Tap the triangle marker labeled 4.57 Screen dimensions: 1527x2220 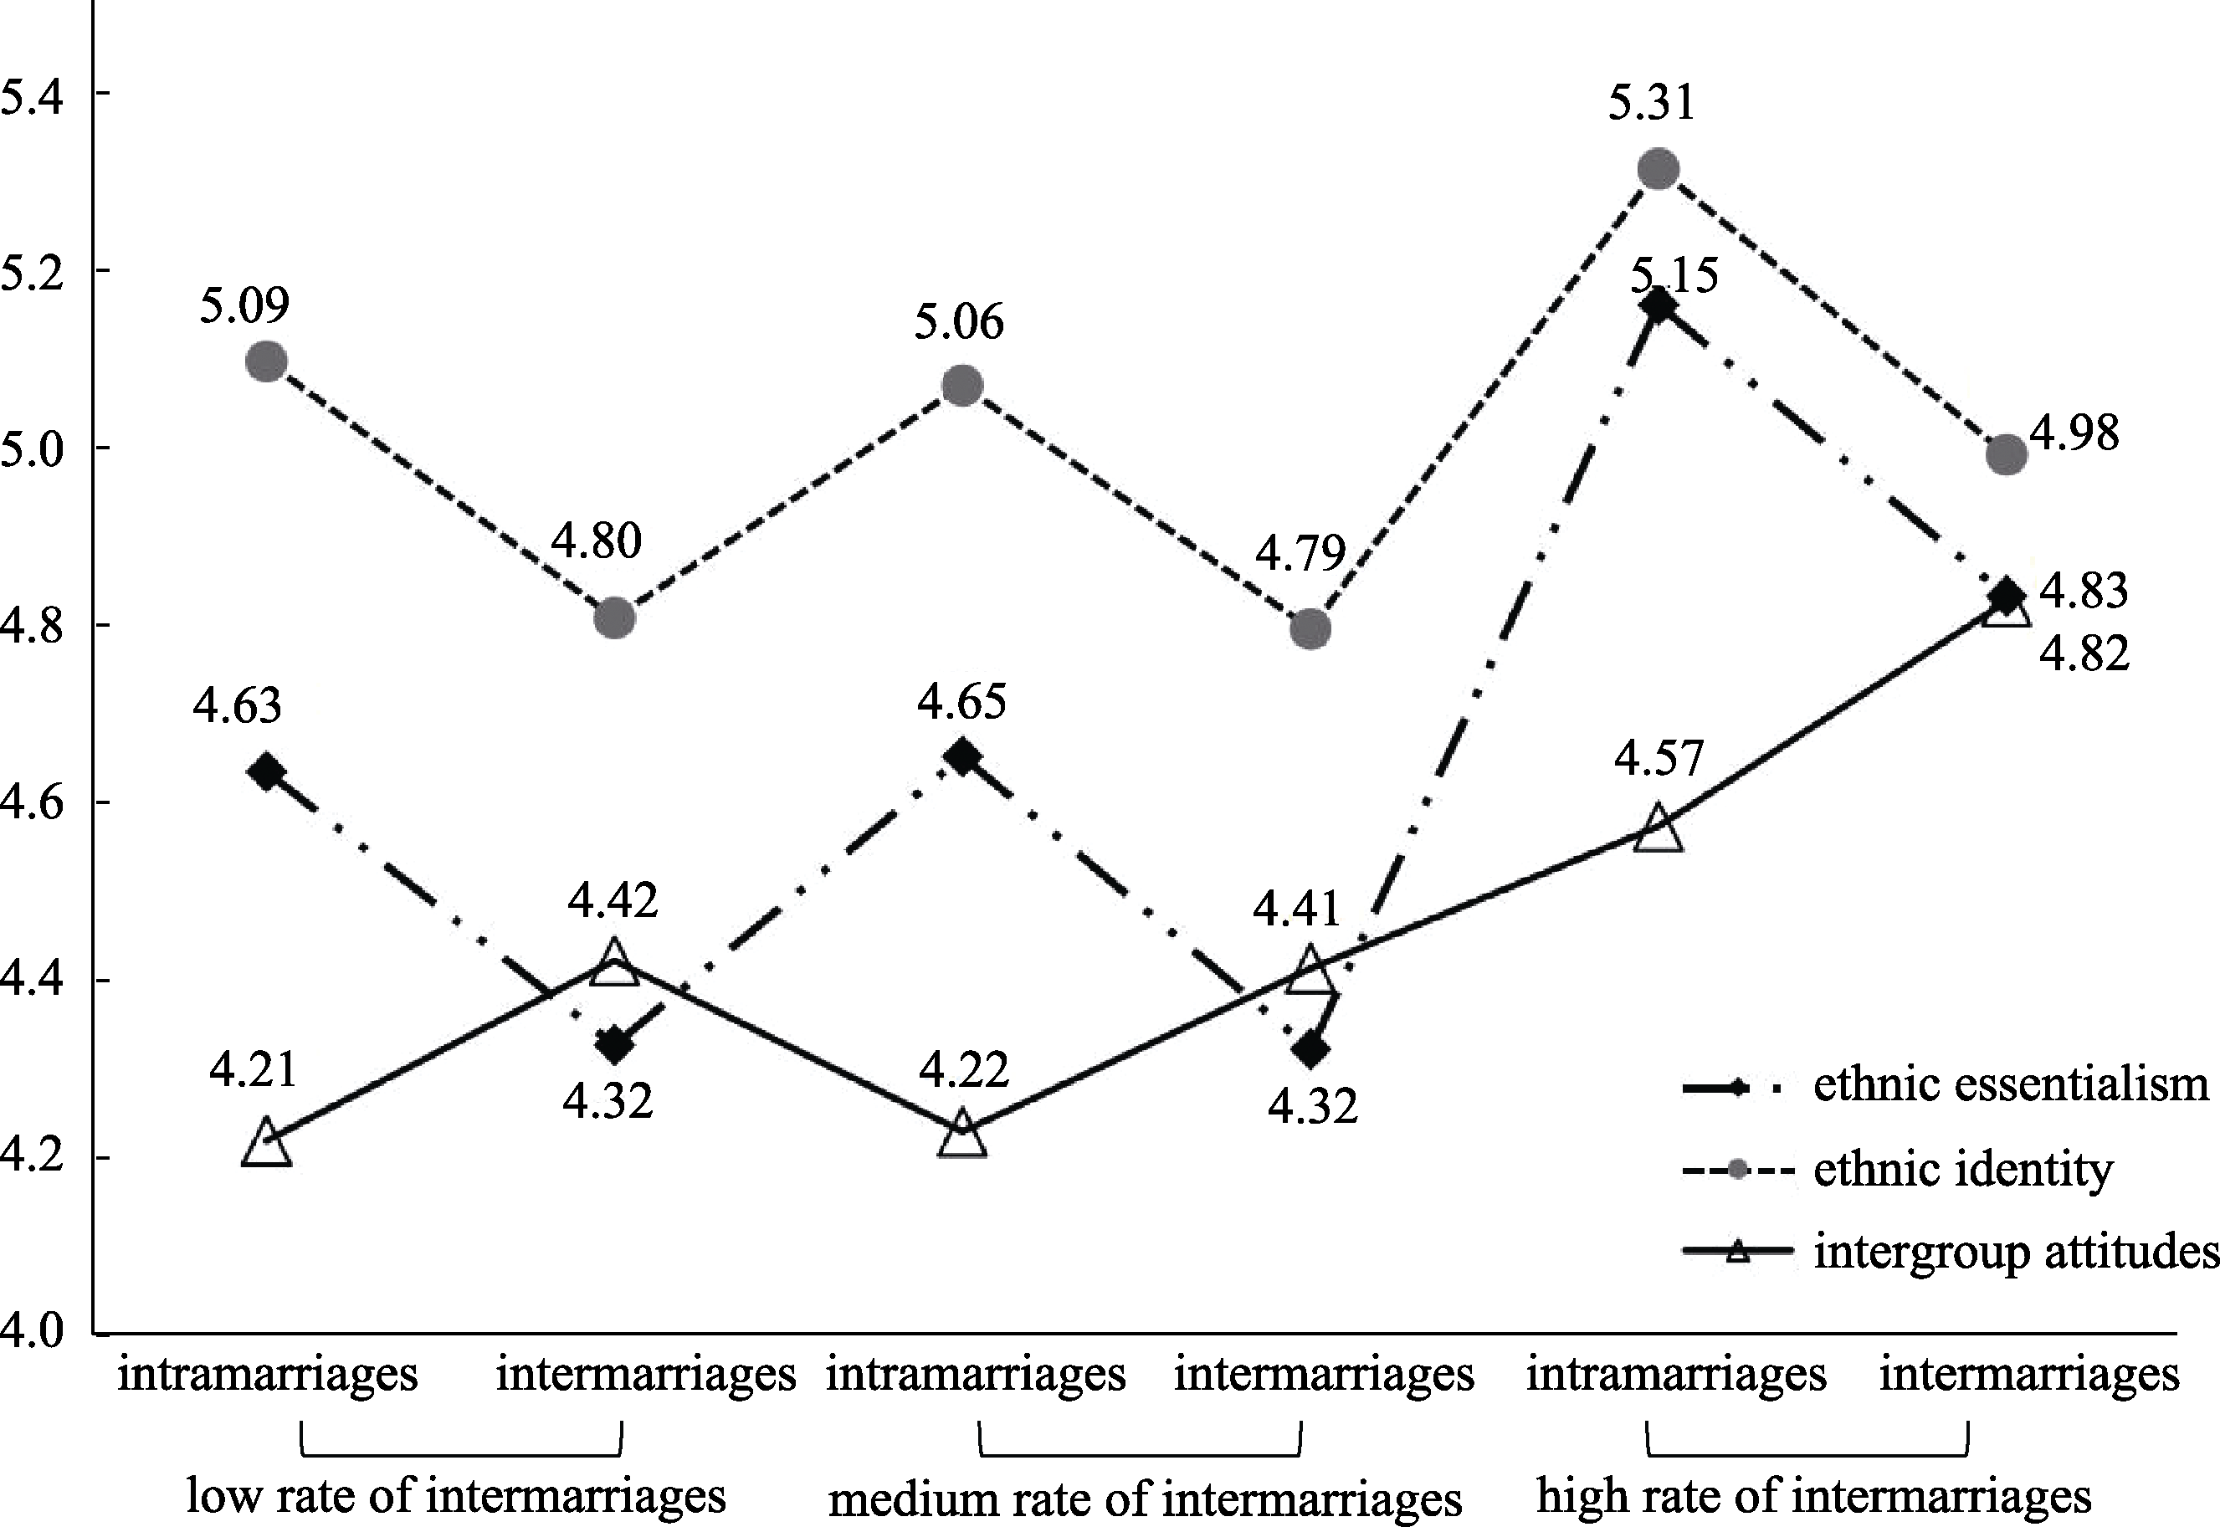pos(1659,829)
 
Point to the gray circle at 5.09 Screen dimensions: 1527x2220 pos(266,361)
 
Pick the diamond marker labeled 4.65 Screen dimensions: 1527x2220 pos(962,756)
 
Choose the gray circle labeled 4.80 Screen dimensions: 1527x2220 pos(614,619)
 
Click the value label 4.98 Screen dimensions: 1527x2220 pos(2074,433)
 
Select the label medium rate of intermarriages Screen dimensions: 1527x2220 pos(1145,1499)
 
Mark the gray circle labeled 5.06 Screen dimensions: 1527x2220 pos(962,387)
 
